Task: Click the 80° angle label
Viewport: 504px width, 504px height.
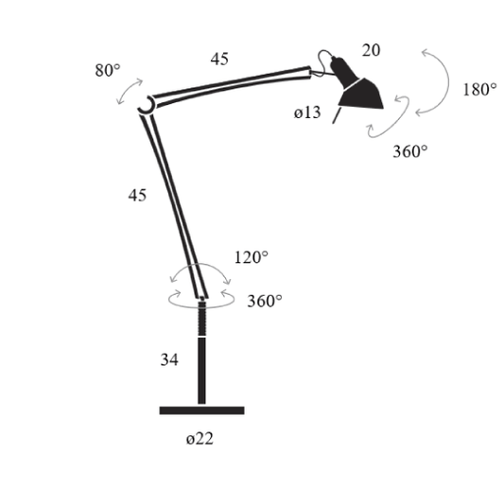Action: [x=108, y=70]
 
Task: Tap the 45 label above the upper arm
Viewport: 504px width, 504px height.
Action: [x=219, y=59]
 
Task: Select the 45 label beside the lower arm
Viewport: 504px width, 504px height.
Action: [x=137, y=195]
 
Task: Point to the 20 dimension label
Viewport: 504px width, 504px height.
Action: [x=371, y=50]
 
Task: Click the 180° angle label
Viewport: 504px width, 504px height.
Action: [x=479, y=89]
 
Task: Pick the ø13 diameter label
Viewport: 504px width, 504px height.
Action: [x=307, y=113]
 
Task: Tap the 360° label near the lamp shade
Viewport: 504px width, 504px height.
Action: [x=410, y=151]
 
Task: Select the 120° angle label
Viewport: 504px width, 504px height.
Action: [x=251, y=257]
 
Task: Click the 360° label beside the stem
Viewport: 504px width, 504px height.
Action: [x=265, y=302]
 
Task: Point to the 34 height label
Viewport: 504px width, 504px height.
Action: [x=169, y=359]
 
